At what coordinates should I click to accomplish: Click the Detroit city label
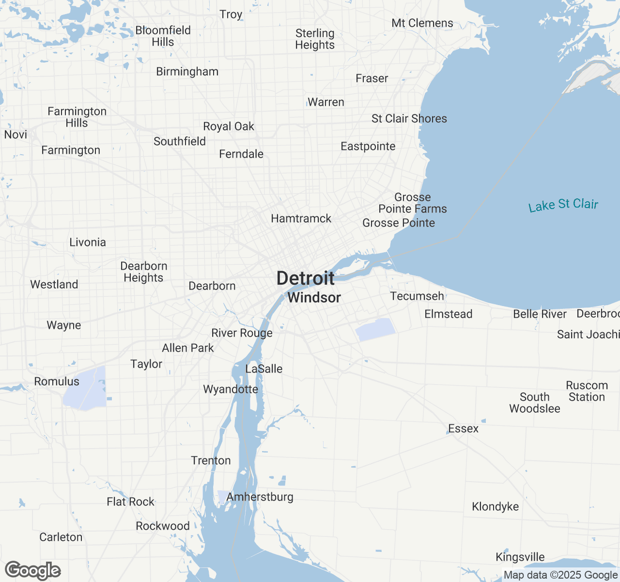click(x=305, y=278)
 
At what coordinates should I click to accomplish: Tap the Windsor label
click(x=314, y=297)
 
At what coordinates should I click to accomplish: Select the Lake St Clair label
click(x=563, y=205)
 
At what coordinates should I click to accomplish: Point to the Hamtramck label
click(x=301, y=219)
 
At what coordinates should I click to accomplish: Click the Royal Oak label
click(x=229, y=127)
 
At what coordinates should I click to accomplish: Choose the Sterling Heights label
click(x=315, y=39)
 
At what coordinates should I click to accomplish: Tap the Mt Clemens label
click(x=422, y=23)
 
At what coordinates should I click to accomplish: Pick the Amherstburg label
click(x=260, y=497)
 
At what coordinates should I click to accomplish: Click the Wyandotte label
click(x=231, y=389)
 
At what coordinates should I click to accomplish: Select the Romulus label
click(x=57, y=382)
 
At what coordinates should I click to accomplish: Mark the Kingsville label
click(x=520, y=557)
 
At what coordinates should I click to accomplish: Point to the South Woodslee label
click(x=534, y=403)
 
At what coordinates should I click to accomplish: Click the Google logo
click(x=33, y=571)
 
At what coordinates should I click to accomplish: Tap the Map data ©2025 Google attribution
click(x=560, y=575)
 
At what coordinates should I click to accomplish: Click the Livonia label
click(x=88, y=242)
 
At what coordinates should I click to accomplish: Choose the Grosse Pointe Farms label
click(x=413, y=203)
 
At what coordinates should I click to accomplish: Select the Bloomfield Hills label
click(x=163, y=36)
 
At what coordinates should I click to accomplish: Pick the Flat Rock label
click(x=130, y=502)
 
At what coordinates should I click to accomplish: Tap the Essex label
click(x=463, y=429)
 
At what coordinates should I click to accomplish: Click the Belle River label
click(x=540, y=314)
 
